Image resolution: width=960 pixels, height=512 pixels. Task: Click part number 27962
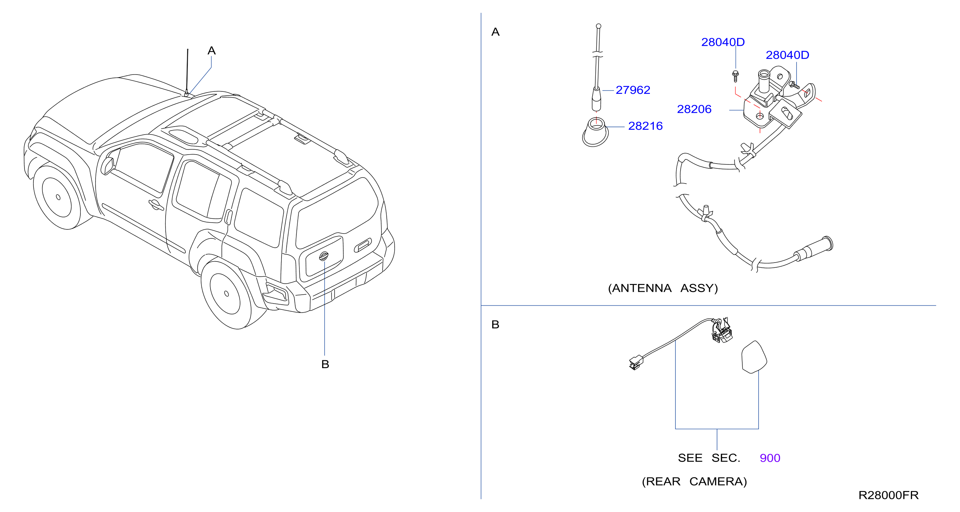click(x=633, y=90)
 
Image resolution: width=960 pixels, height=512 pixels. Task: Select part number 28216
click(x=645, y=126)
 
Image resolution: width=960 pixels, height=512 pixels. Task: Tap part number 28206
click(x=694, y=109)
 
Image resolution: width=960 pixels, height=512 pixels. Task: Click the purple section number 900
click(x=770, y=458)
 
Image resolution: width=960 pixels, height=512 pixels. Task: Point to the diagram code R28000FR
click(x=889, y=495)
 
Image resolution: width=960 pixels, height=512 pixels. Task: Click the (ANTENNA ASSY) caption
click(x=663, y=288)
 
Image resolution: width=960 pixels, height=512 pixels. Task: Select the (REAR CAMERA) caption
click(x=694, y=481)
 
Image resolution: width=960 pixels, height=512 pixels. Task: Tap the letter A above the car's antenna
click(x=212, y=51)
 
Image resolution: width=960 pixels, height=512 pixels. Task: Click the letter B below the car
click(x=325, y=364)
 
